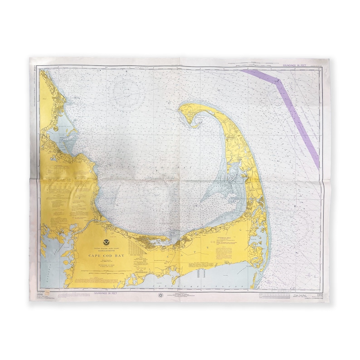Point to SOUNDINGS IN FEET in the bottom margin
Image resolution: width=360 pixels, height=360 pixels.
107,293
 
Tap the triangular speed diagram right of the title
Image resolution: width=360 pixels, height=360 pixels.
136,248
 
